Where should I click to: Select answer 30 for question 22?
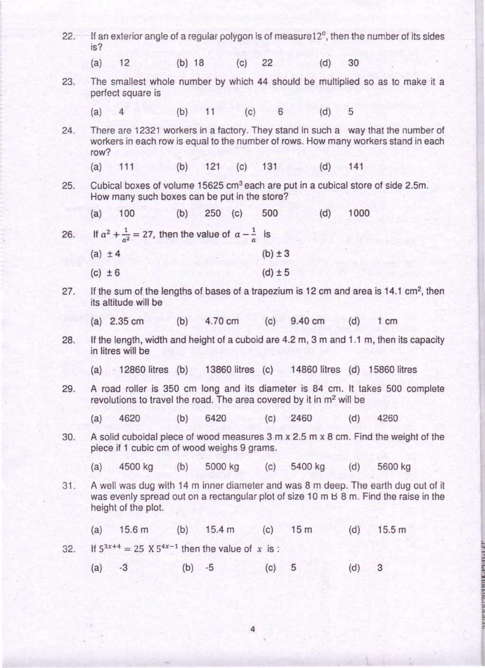pyautogui.click(x=353, y=63)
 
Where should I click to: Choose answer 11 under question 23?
pyautogui.click(x=210, y=112)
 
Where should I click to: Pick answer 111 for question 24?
pyautogui.click(x=127, y=167)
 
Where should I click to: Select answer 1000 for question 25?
pyautogui.click(x=359, y=213)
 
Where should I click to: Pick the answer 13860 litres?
pyautogui.click(x=230, y=369)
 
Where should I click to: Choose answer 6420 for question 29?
pyautogui.click(x=216, y=418)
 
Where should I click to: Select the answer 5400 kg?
pyautogui.click(x=308, y=467)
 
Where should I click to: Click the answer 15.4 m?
pyautogui.click(x=220, y=530)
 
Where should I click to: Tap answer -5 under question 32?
pyautogui.click(x=210, y=568)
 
